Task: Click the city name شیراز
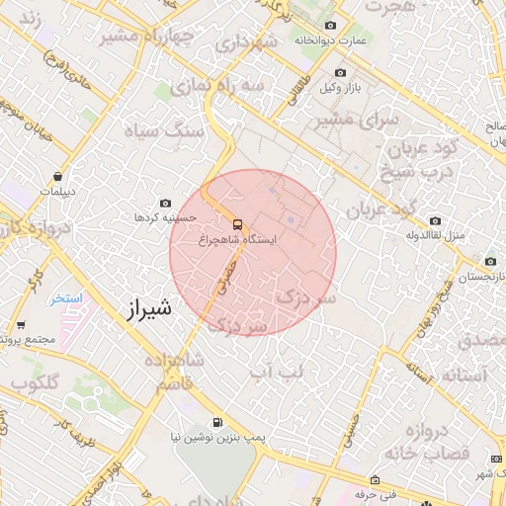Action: click(149, 308)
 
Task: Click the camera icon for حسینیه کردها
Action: click(165, 202)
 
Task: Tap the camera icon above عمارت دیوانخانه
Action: click(330, 26)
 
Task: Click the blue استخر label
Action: click(67, 297)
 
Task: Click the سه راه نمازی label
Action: click(217, 87)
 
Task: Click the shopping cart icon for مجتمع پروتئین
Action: click(21, 324)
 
